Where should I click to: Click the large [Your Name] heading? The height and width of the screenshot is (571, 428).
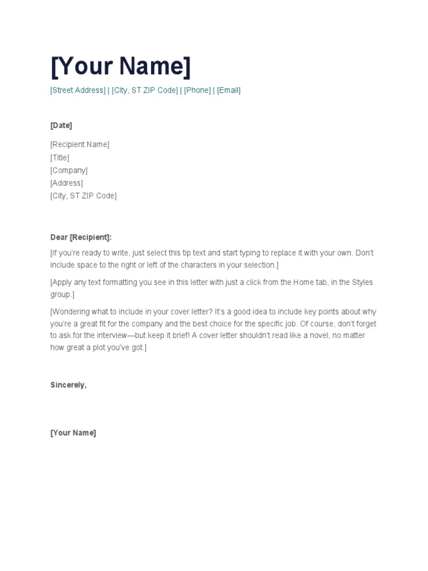120,66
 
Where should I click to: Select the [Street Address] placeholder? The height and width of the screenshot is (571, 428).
77,90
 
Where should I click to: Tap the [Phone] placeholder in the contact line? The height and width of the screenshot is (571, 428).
197,90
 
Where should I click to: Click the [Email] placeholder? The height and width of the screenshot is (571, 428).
228,90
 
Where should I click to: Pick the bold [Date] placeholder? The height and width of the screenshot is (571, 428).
61,125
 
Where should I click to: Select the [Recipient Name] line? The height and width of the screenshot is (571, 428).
80,144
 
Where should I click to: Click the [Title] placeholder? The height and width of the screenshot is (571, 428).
60,158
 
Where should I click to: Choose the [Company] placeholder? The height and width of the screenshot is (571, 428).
69,171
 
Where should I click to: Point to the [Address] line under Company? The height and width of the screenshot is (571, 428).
66,183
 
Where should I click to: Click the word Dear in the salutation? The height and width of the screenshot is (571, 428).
59,238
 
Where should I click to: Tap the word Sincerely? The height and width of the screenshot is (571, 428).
68,385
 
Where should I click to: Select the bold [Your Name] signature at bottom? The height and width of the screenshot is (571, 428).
73,433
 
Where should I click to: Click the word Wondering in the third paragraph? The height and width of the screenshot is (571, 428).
71,312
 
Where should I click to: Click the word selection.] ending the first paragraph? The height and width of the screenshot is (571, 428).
261,265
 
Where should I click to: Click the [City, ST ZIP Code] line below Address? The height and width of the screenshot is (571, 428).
84,196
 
